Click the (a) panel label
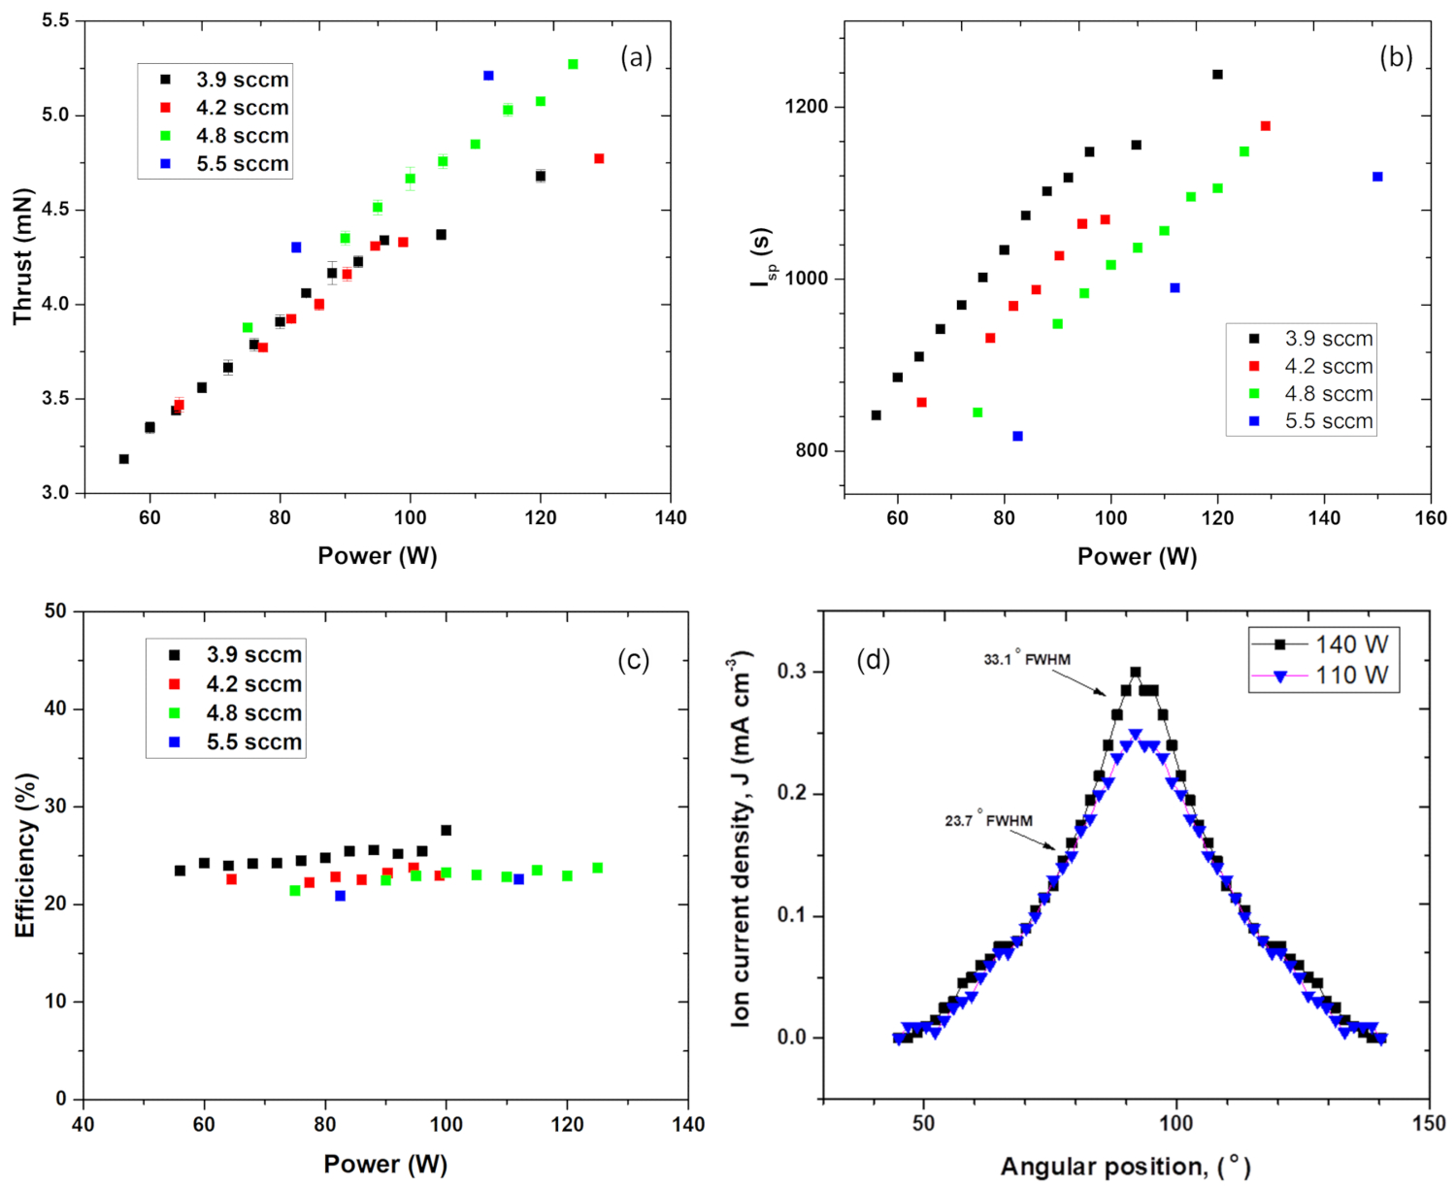coord(636,58)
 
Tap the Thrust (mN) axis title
coord(22,257)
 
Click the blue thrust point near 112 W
coord(488,76)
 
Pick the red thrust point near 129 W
coord(599,158)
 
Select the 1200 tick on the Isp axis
coord(808,107)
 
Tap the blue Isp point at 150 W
coord(1377,177)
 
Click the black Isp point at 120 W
coord(1217,75)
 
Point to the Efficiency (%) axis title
coord(25,855)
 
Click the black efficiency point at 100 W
coord(447,830)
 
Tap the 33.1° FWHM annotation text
coord(1027,660)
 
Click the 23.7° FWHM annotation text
coord(988,821)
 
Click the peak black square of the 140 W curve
coord(1135,672)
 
